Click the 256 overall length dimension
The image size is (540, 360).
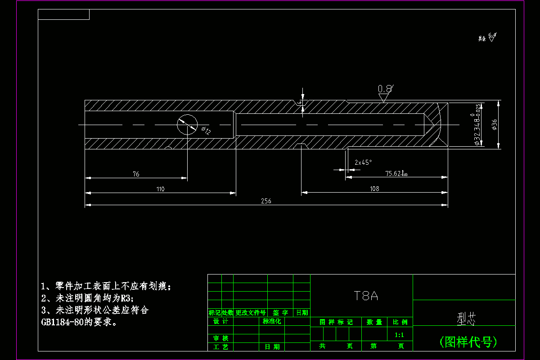coord(266,201)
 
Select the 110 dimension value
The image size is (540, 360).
coord(160,189)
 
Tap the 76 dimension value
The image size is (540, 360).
coord(136,174)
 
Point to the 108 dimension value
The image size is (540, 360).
coord(374,189)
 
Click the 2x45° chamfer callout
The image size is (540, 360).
coord(363,162)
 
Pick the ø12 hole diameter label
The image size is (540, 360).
coord(207,130)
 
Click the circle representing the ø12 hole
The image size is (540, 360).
coord(187,124)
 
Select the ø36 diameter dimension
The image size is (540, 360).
coord(495,125)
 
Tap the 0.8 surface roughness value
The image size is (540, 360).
coord(385,89)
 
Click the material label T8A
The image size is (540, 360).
coord(365,296)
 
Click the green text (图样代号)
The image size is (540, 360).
coord(468,342)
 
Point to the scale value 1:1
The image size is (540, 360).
coord(399,335)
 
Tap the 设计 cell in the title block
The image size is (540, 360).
coord(220,321)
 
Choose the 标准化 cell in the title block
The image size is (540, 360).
coord(271,321)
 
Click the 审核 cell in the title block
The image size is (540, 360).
coord(220,338)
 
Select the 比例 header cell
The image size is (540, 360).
coord(400,322)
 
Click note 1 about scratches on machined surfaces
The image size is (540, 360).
coord(106,286)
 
